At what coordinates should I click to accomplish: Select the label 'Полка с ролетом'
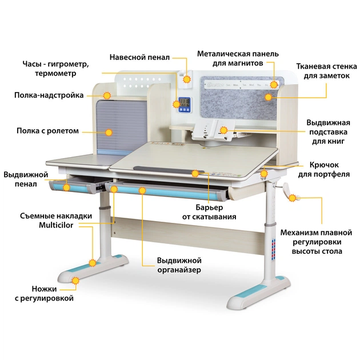point(47,131)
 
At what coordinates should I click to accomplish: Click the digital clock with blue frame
point(185,104)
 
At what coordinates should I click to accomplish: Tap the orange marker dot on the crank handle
point(293,198)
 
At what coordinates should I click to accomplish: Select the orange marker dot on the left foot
point(91,263)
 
